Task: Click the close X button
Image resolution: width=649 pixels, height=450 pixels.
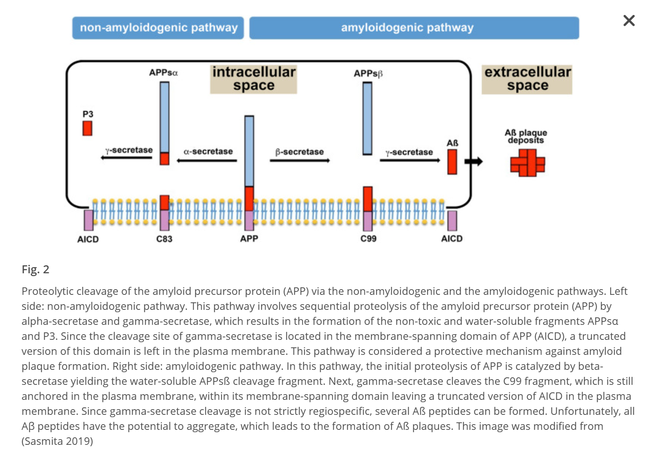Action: click(629, 21)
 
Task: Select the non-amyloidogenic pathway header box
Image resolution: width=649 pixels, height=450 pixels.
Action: click(158, 28)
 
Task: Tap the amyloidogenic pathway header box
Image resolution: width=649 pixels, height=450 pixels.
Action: click(414, 28)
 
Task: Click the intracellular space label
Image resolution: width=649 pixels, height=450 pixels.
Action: click(253, 79)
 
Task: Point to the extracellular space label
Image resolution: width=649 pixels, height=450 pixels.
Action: click(527, 79)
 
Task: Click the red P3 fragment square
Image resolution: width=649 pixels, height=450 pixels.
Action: click(88, 128)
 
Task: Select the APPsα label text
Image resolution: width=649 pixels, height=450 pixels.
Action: click(163, 73)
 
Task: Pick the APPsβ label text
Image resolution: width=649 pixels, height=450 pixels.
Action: click(368, 74)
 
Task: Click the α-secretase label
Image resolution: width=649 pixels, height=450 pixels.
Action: click(208, 151)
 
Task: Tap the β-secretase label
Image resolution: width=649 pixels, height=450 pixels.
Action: click(300, 152)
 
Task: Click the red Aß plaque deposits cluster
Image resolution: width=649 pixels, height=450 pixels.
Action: click(528, 163)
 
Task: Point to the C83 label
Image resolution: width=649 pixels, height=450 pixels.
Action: click(164, 239)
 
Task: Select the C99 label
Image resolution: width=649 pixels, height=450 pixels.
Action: click(369, 239)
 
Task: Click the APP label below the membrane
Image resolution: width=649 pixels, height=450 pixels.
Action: click(249, 239)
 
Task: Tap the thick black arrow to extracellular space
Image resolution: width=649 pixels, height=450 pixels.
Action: click(473, 162)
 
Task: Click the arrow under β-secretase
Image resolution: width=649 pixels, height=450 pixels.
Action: click(300, 161)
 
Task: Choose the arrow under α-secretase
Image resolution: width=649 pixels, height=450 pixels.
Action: click(207, 161)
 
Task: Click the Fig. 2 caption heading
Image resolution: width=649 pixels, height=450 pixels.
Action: click(36, 270)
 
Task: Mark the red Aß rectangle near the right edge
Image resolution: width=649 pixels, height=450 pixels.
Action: click(452, 162)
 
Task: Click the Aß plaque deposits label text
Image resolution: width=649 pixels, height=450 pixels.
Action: click(526, 136)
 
